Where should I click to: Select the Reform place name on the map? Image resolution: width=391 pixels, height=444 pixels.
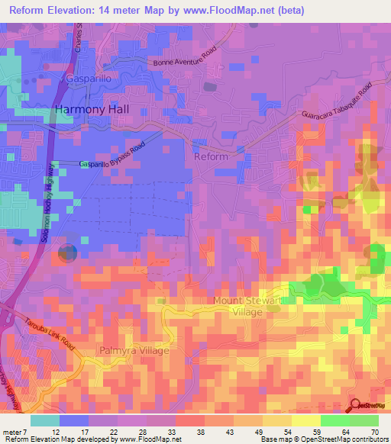click(x=212, y=156)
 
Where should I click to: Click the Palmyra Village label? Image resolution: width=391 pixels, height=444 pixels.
click(x=133, y=351)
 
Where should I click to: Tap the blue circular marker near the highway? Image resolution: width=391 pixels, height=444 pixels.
click(x=68, y=253)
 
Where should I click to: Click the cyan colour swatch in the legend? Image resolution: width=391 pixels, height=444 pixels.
click(x=45, y=420)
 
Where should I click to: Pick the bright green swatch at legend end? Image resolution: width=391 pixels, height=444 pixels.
click(x=364, y=420)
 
